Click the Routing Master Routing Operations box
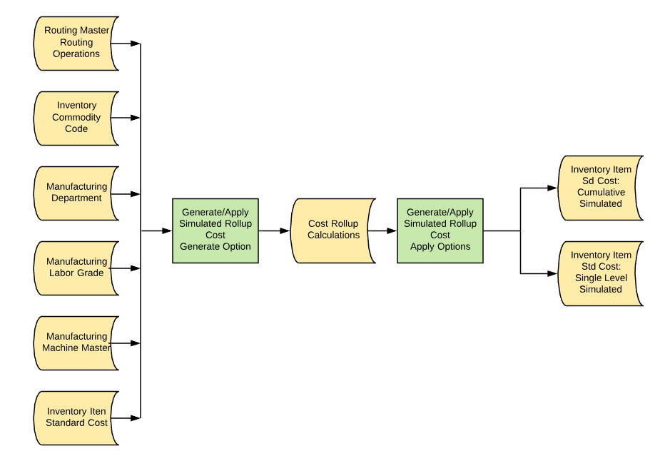click(x=76, y=43)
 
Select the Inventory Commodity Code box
click(x=76, y=118)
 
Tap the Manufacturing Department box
click(x=76, y=193)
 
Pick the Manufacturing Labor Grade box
click(x=76, y=268)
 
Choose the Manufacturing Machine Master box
click(x=76, y=343)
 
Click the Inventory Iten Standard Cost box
click(x=76, y=417)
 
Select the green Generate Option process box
click(x=215, y=230)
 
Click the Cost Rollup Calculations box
click(x=333, y=230)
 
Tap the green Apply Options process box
click(x=440, y=230)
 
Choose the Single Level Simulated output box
click(x=601, y=273)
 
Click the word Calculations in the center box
click(x=333, y=235)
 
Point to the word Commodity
click(x=76, y=118)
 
